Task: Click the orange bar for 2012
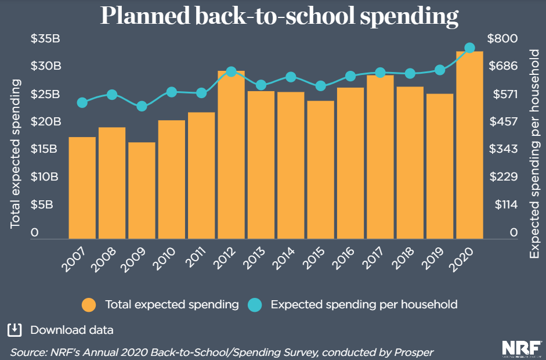pyautogui.click(x=231, y=154)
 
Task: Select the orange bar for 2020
pyautogui.click(x=469, y=145)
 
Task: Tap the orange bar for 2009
pyautogui.click(x=142, y=190)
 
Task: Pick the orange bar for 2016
pyautogui.click(x=350, y=163)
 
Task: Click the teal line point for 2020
pyautogui.click(x=469, y=48)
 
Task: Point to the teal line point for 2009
pyautogui.click(x=142, y=106)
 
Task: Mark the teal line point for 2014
pyautogui.click(x=291, y=77)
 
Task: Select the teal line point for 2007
pyautogui.click(x=82, y=103)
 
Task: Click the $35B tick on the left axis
pyautogui.click(x=46, y=39)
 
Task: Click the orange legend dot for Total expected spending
pyautogui.click(x=89, y=304)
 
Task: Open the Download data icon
pyautogui.click(x=15, y=330)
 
